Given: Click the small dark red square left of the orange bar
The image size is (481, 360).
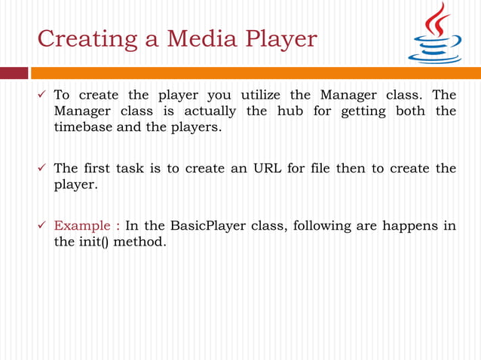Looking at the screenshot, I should (x=13, y=73).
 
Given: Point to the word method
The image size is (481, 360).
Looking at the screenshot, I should (x=139, y=243).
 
